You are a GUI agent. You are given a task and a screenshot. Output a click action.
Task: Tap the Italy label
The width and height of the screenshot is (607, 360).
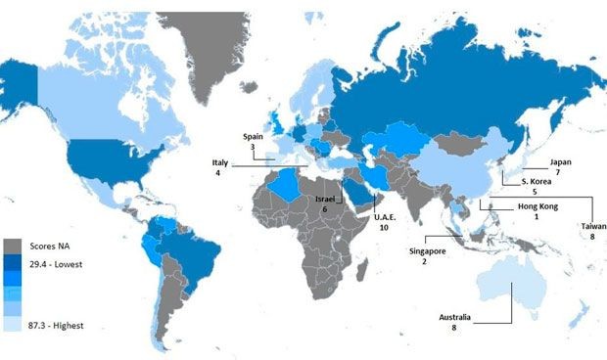pyautogui.click(x=218, y=162)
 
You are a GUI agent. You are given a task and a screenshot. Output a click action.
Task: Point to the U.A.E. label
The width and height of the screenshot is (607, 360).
pyautogui.click(x=385, y=215)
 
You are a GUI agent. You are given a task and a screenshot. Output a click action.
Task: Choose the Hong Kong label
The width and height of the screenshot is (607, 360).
pyautogui.click(x=536, y=205)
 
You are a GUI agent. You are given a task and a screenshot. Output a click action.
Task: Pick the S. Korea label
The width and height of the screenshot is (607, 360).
pyautogui.click(x=537, y=182)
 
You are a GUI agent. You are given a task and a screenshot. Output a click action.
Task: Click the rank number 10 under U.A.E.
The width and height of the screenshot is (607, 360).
pyautogui.click(x=385, y=227)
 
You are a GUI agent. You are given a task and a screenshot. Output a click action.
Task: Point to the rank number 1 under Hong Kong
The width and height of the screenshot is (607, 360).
pyautogui.click(x=536, y=216)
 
